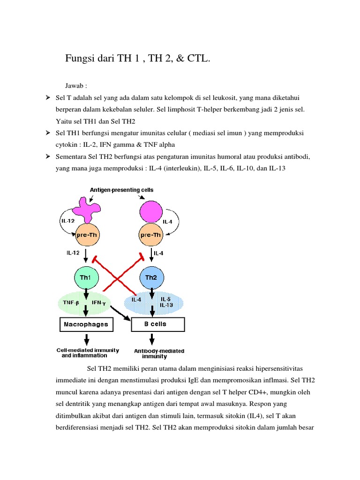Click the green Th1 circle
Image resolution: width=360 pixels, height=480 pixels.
(x=86, y=277)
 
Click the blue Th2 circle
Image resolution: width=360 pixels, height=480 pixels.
(x=151, y=277)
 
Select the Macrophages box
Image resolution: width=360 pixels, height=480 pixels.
(x=86, y=324)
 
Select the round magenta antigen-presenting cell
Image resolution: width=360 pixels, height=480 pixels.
(x=151, y=210)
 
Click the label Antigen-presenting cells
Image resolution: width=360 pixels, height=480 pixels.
(x=121, y=190)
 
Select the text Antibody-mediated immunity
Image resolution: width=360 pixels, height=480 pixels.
(x=159, y=353)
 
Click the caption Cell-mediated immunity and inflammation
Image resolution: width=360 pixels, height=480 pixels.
(x=88, y=352)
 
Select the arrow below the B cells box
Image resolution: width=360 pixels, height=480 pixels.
(x=151, y=338)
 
